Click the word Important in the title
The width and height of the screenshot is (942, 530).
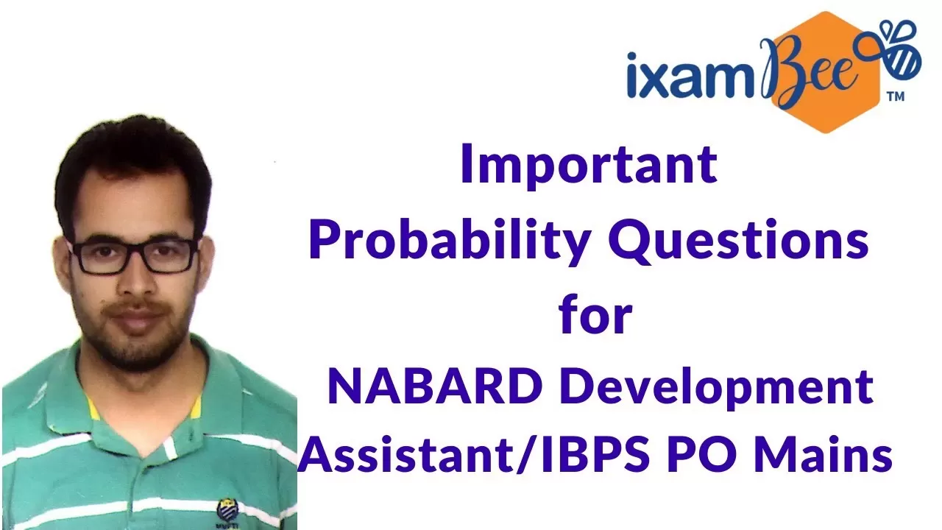click(589, 165)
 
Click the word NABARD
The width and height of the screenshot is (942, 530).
click(434, 386)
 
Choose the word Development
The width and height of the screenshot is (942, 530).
click(717, 389)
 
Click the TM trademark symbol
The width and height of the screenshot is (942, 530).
click(896, 96)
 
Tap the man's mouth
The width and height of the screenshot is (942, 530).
click(135, 317)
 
